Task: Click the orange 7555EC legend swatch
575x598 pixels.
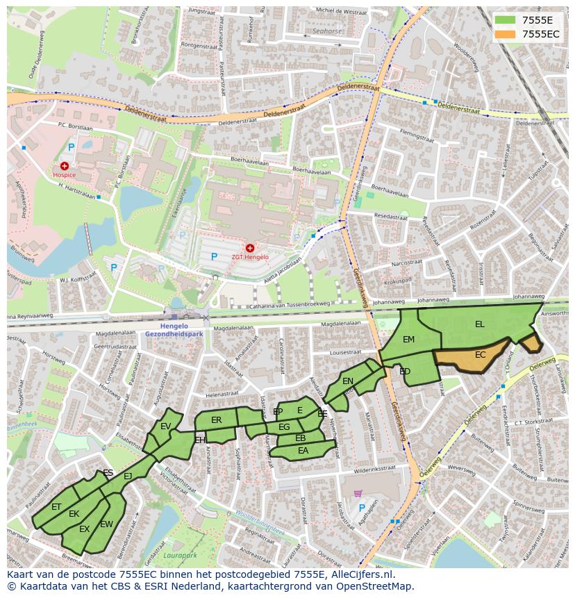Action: click(x=505, y=33)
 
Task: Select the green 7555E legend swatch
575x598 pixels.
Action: click(x=505, y=19)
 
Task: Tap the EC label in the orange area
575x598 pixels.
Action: click(x=480, y=355)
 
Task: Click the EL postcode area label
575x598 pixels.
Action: click(x=480, y=324)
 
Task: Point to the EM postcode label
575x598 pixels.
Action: click(x=409, y=340)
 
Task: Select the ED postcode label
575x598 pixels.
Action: click(x=405, y=372)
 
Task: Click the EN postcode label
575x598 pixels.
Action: click(x=348, y=381)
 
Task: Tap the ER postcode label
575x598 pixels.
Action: click(x=216, y=420)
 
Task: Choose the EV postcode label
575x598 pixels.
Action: click(x=165, y=426)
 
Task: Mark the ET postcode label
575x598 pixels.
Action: click(x=56, y=507)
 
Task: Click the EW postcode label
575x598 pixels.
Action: click(x=106, y=524)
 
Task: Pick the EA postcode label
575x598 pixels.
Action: click(x=303, y=451)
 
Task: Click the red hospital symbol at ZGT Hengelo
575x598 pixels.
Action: click(x=250, y=248)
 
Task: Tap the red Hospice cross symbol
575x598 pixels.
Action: click(x=65, y=166)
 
